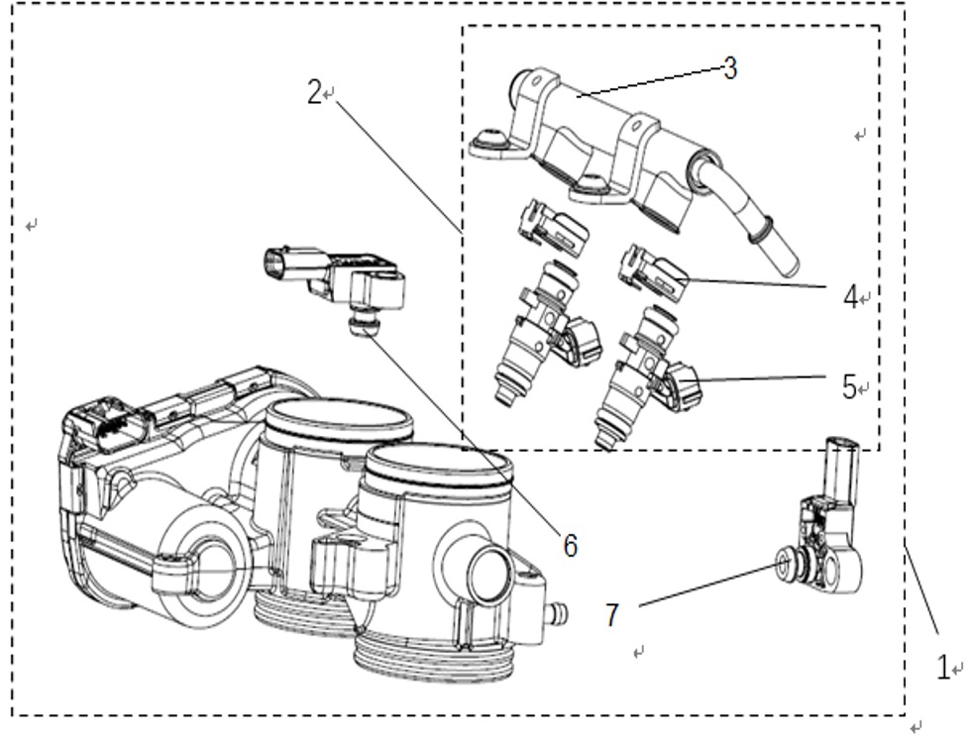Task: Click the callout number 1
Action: (942, 668)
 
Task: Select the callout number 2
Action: (315, 93)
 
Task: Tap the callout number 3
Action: (730, 68)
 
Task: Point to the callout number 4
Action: (851, 297)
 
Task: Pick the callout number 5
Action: (850, 387)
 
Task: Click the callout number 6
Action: (571, 546)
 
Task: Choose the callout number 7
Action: (612, 615)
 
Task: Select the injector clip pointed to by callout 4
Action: (653, 272)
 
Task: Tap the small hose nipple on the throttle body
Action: (557, 613)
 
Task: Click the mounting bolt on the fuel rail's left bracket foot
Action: (491, 135)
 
